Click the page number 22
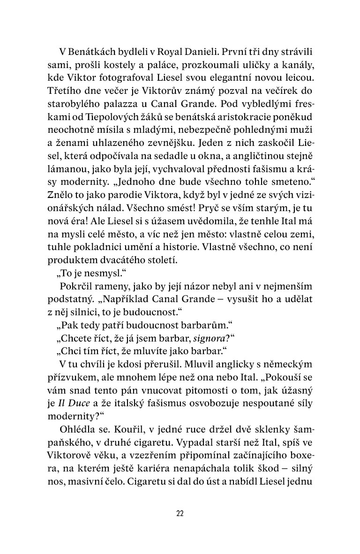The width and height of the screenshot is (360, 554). [x=180, y=513]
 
